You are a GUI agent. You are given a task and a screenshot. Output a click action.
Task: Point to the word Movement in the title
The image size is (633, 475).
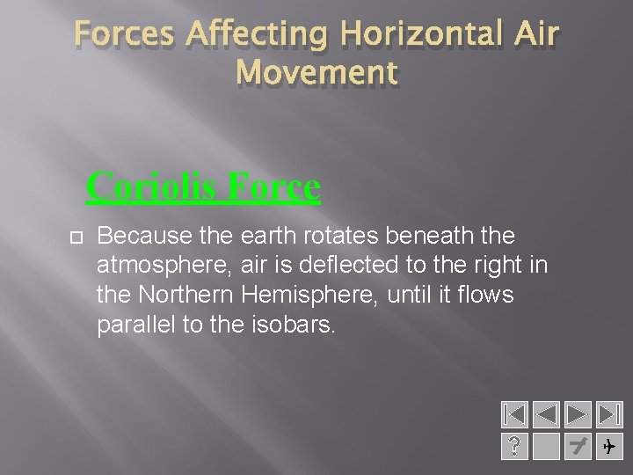click(316, 73)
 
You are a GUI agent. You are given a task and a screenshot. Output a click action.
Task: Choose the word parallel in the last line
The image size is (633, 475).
click(135, 324)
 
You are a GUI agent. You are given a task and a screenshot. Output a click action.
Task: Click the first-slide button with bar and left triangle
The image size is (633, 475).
click(513, 414)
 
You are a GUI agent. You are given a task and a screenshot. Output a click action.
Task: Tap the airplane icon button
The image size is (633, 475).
click(608, 448)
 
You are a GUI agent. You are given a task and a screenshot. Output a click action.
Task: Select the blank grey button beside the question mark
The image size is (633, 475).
click(546, 448)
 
